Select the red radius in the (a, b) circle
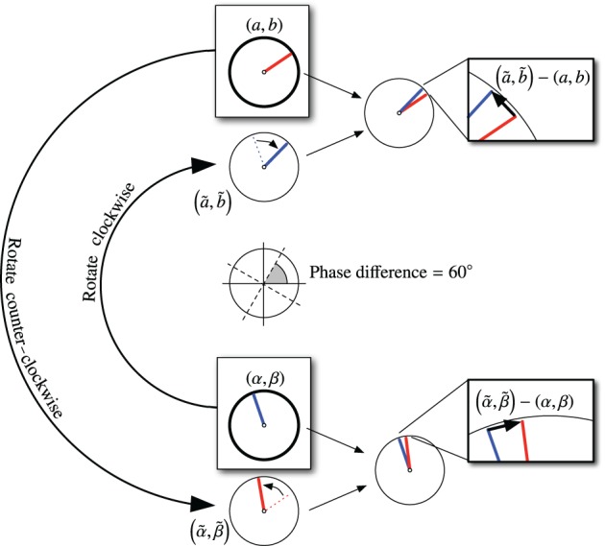282,62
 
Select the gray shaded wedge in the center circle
271,274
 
